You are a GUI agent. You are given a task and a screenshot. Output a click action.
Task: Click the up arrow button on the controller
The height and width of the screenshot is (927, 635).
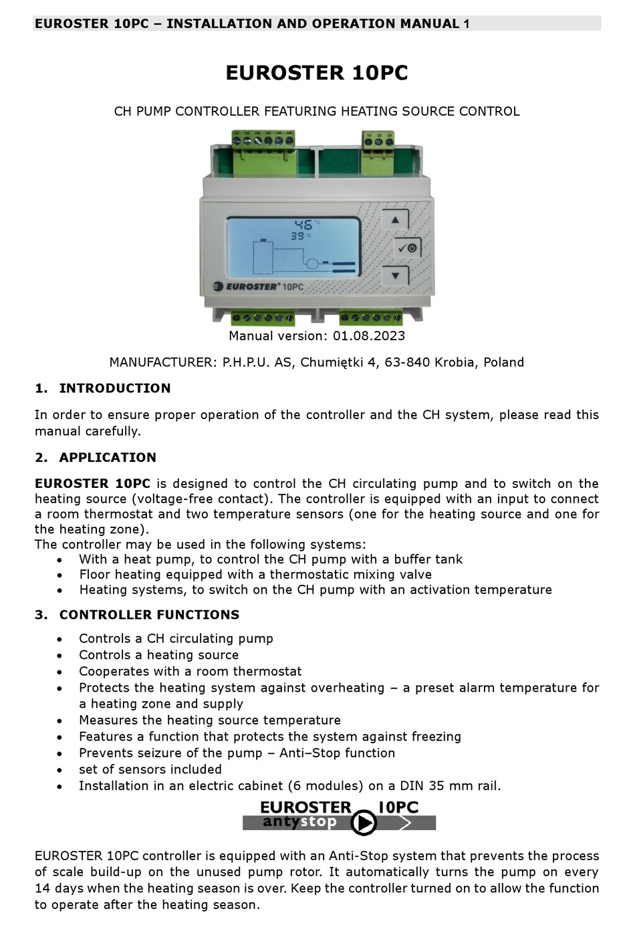[395, 220]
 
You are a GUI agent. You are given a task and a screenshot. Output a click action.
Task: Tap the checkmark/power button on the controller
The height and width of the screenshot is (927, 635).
[407, 248]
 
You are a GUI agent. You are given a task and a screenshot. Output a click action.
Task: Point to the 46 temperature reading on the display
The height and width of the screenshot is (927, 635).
[305, 225]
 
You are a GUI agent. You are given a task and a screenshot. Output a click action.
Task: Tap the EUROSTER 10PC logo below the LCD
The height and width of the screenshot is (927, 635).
[258, 287]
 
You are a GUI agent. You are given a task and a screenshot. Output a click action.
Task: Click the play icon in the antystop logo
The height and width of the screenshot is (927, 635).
[364, 823]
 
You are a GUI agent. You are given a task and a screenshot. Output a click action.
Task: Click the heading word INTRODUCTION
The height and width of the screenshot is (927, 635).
[115, 388]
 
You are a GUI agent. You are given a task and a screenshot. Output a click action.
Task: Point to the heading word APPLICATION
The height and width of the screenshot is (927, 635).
[108, 458]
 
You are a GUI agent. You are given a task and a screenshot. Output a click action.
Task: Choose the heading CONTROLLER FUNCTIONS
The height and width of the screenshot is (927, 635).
[149, 615]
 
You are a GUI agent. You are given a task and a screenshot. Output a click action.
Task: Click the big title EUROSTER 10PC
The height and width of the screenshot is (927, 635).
[317, 73]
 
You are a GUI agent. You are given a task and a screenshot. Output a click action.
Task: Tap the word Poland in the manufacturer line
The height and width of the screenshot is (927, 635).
[503, 363]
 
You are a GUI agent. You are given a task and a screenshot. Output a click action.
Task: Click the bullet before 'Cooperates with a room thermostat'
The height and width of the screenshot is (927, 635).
[60, 672]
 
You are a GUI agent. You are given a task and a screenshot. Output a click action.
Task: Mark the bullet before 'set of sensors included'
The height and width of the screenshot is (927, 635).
[60, 770]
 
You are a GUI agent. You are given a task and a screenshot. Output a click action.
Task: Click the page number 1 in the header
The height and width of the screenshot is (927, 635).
[467, 24]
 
